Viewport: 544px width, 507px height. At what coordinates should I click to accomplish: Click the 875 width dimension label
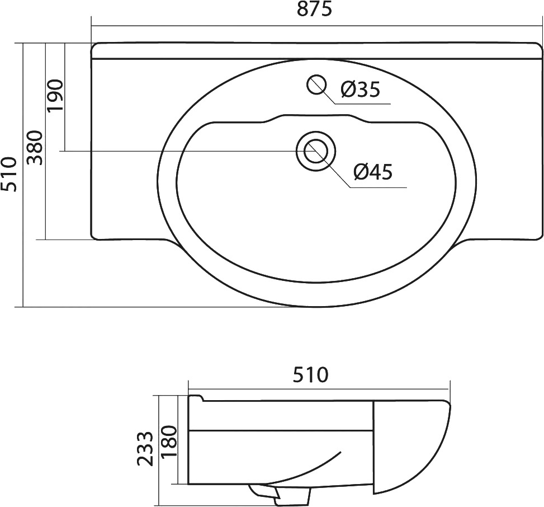coord(315,10)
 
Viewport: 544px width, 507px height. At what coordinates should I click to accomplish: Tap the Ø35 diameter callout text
coord(361,90)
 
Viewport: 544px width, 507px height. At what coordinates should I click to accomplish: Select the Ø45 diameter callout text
coord(373,172)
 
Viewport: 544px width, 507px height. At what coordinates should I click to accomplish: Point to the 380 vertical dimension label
coord(35,148)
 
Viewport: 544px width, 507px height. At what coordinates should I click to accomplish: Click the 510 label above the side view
coord(310,375)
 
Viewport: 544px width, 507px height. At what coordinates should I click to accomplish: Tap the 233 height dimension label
coord(145,449)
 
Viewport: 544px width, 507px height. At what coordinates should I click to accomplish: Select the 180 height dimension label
coord(169,442)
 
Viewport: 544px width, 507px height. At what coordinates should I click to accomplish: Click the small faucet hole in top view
coord(316,84)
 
